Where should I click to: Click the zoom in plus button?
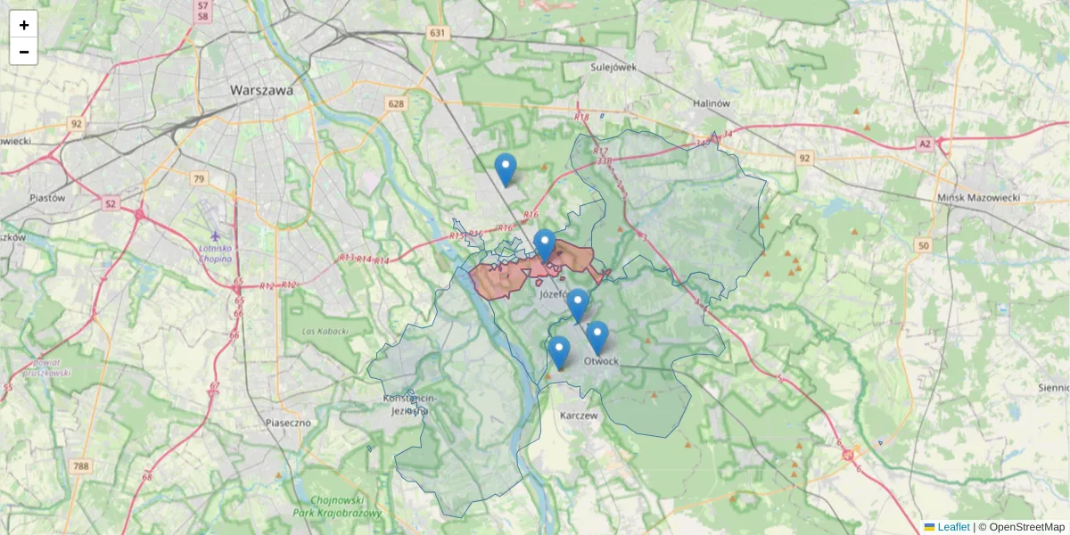pyautogui.click(x=24, y=25)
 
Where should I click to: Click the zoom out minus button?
pyautogui.click(x=24, y=52)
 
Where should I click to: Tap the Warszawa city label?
pyautogui.click(x=261, y=90)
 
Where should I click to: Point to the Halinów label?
pyautogui.click(x=712, y=103)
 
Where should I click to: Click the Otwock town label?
pyautogui.click(x=601, y=361)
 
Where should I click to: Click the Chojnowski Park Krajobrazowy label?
pyautogui.click(x=337, y=506)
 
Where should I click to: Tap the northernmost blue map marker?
pyautogui.click(x=506, y=169)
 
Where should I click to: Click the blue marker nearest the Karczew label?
pyautogui.click(x=559, y=352)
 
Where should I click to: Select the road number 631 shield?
pyautogui.click(x=437, y=33)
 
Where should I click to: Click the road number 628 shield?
pyautogui.click(x=396, y=104)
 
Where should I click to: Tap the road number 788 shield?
pyautogui.click(x=81, y=465)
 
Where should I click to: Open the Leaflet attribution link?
pyautogui.click(x=952, y=527)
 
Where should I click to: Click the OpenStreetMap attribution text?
pyautogui.click(x=1026, y=527)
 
